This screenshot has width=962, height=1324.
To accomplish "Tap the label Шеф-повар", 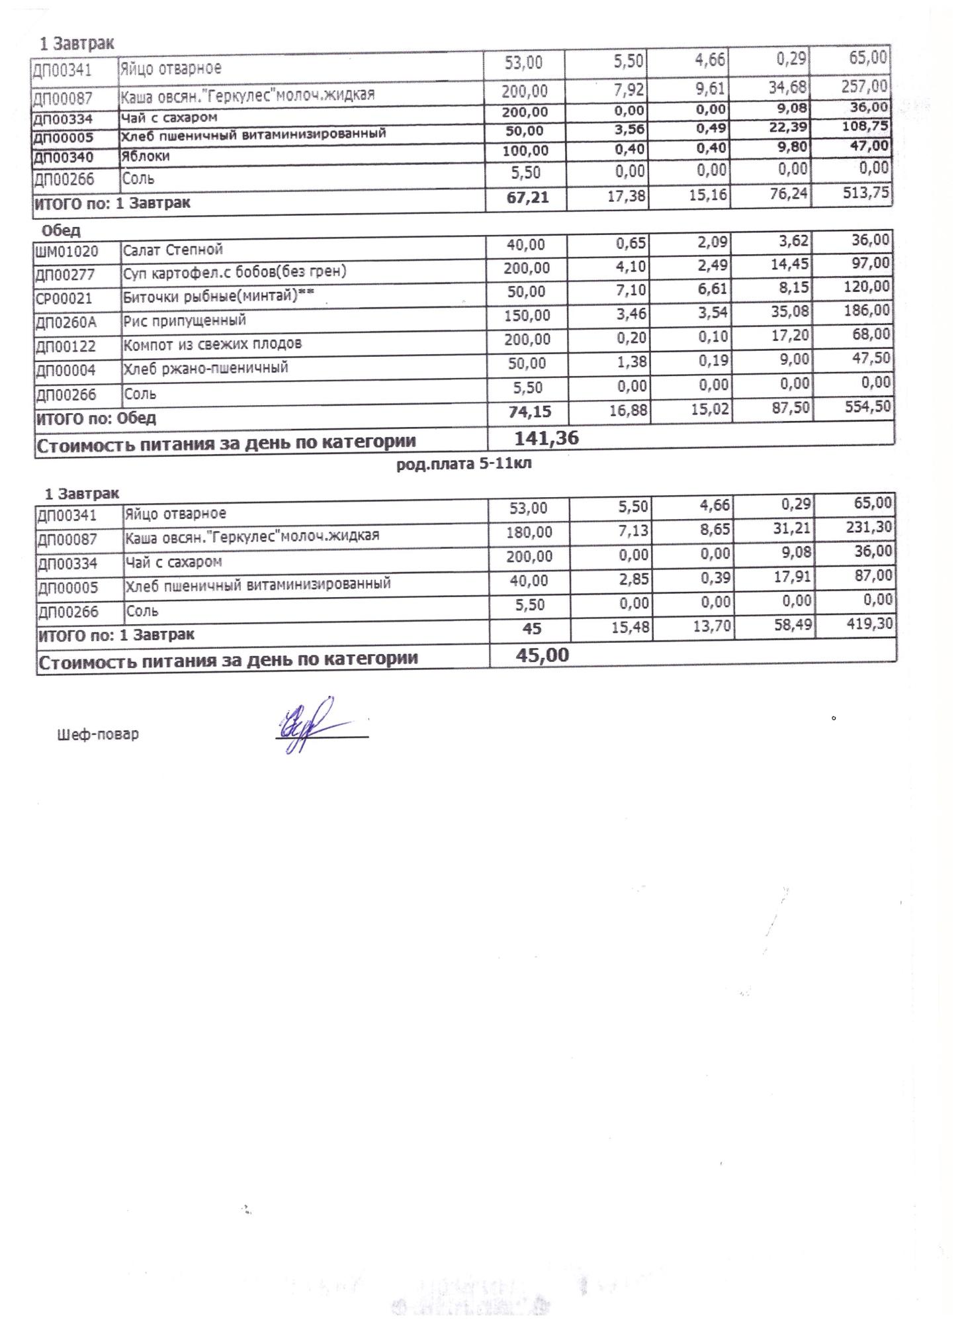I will tap(99, 734).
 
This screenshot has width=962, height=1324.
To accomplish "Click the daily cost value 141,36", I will tap(546, 438).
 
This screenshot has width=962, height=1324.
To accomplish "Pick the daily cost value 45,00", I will tap(542, 655).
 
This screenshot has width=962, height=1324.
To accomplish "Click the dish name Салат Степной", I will tap(173, 250).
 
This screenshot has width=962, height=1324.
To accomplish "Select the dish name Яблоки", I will tap(145, 156).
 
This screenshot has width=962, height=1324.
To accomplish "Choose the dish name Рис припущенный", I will tap(185, 321).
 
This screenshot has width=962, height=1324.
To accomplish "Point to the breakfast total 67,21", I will tap(527, 197).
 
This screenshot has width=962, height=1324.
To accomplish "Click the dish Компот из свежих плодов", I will tap(212, 344).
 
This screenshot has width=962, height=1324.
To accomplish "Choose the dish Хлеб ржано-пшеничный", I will tap(206, 367).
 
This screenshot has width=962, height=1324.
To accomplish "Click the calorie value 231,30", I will tap(867, 527).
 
